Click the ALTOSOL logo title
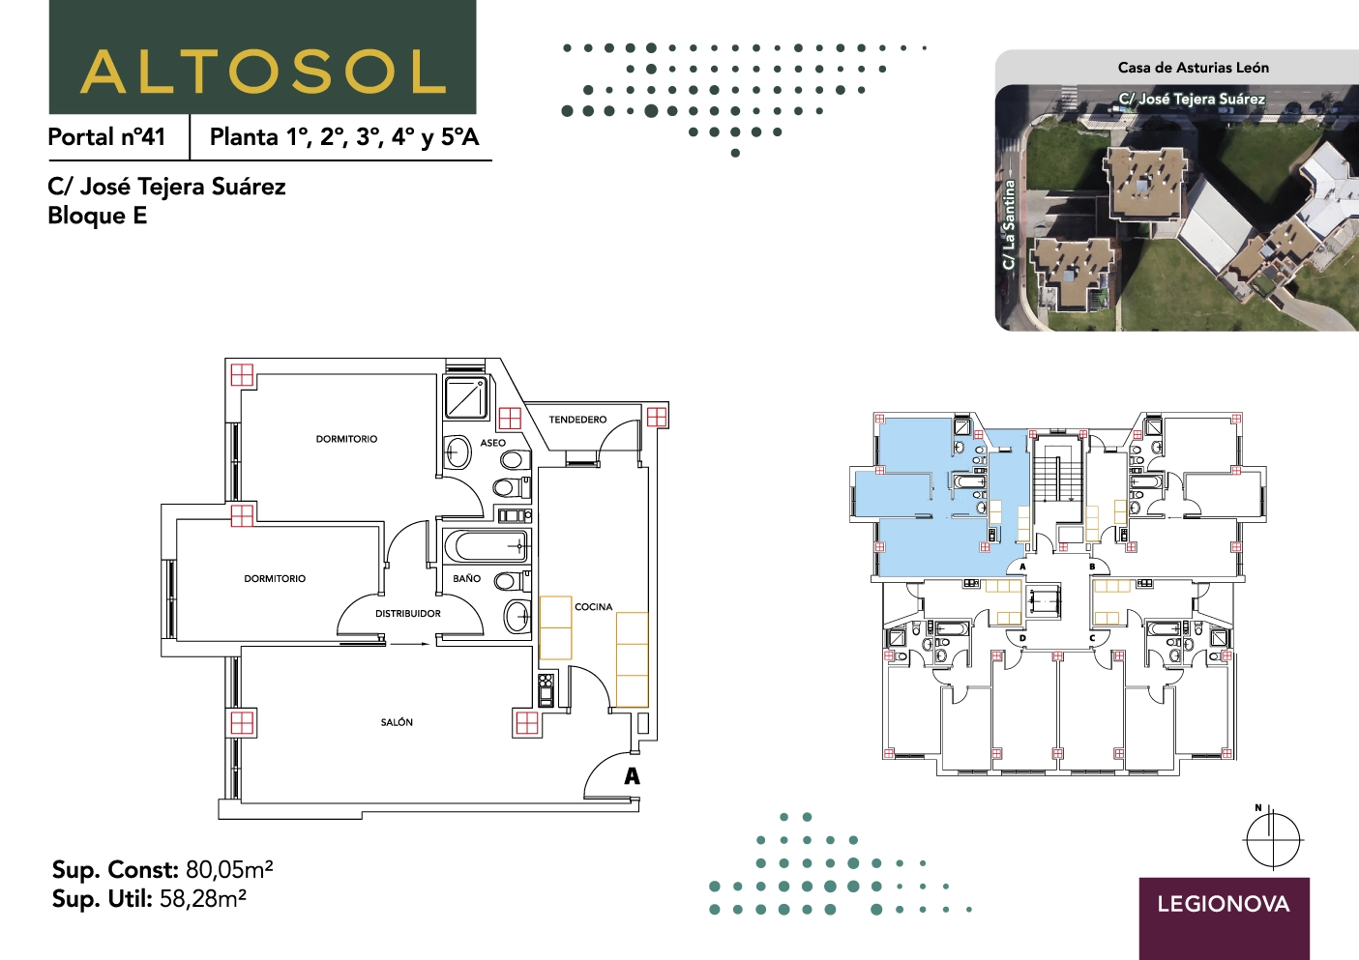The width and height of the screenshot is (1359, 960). pyautogui.click(x=263, y=72)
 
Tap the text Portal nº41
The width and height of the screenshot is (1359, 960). pyautogui.click(x=106, y=137)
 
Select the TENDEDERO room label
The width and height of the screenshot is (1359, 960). pyautogui.click(x=577, y=420)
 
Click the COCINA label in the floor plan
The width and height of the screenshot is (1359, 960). pyautogui.click(x=593, y=607)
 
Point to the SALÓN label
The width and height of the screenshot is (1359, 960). pyautogui.click(x=397, y=721)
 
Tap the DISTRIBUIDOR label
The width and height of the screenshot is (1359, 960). pyautogui.click(x=408, y=614)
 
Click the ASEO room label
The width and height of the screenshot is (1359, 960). pyautogui.click(x=492, y=444)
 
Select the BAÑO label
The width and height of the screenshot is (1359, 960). pyautogui.click(x=466, y=579)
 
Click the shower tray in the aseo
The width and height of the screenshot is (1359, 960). pyautogui.click(x=466, y=397)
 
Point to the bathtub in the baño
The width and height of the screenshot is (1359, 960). pyautogui.click(x=487, y=546)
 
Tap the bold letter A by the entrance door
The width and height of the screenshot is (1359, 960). pyautogui.click(x=632, y=776)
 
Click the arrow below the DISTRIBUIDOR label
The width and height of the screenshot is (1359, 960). pyautogui.click(x=411, y=644)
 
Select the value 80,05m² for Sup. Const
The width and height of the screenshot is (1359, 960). pyautogui.click(x=229, y=870)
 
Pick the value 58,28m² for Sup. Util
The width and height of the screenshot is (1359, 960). pyautogui.click(x=203, y=899)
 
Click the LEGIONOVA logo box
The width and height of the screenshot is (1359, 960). pyautogui.click(x=1224, y=918)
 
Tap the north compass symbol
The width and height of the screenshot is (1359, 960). pyautogui.click(x=1274, y=840)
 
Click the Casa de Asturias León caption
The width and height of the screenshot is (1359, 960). pyautogui.click(x=1194, y=68)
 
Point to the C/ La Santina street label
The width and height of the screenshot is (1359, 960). pyautogui.click(x=1008, y=225)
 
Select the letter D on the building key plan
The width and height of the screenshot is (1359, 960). pyautogui.click(x=1022, y=638)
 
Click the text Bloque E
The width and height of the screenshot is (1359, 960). pyautogui.click(x=97, y=216)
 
